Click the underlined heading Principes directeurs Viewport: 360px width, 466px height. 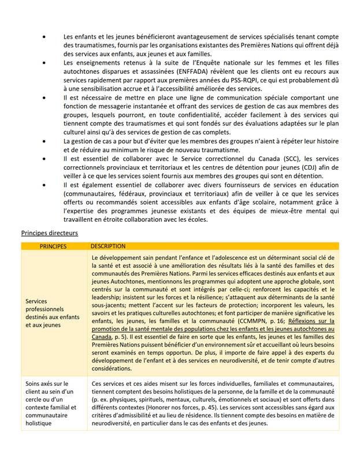[49, 233]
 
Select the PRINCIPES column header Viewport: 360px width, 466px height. [53, 246]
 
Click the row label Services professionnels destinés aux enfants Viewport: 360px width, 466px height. [52, 314]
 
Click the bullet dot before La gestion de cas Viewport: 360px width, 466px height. [44, 141]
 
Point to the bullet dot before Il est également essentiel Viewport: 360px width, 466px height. [44, 186]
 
